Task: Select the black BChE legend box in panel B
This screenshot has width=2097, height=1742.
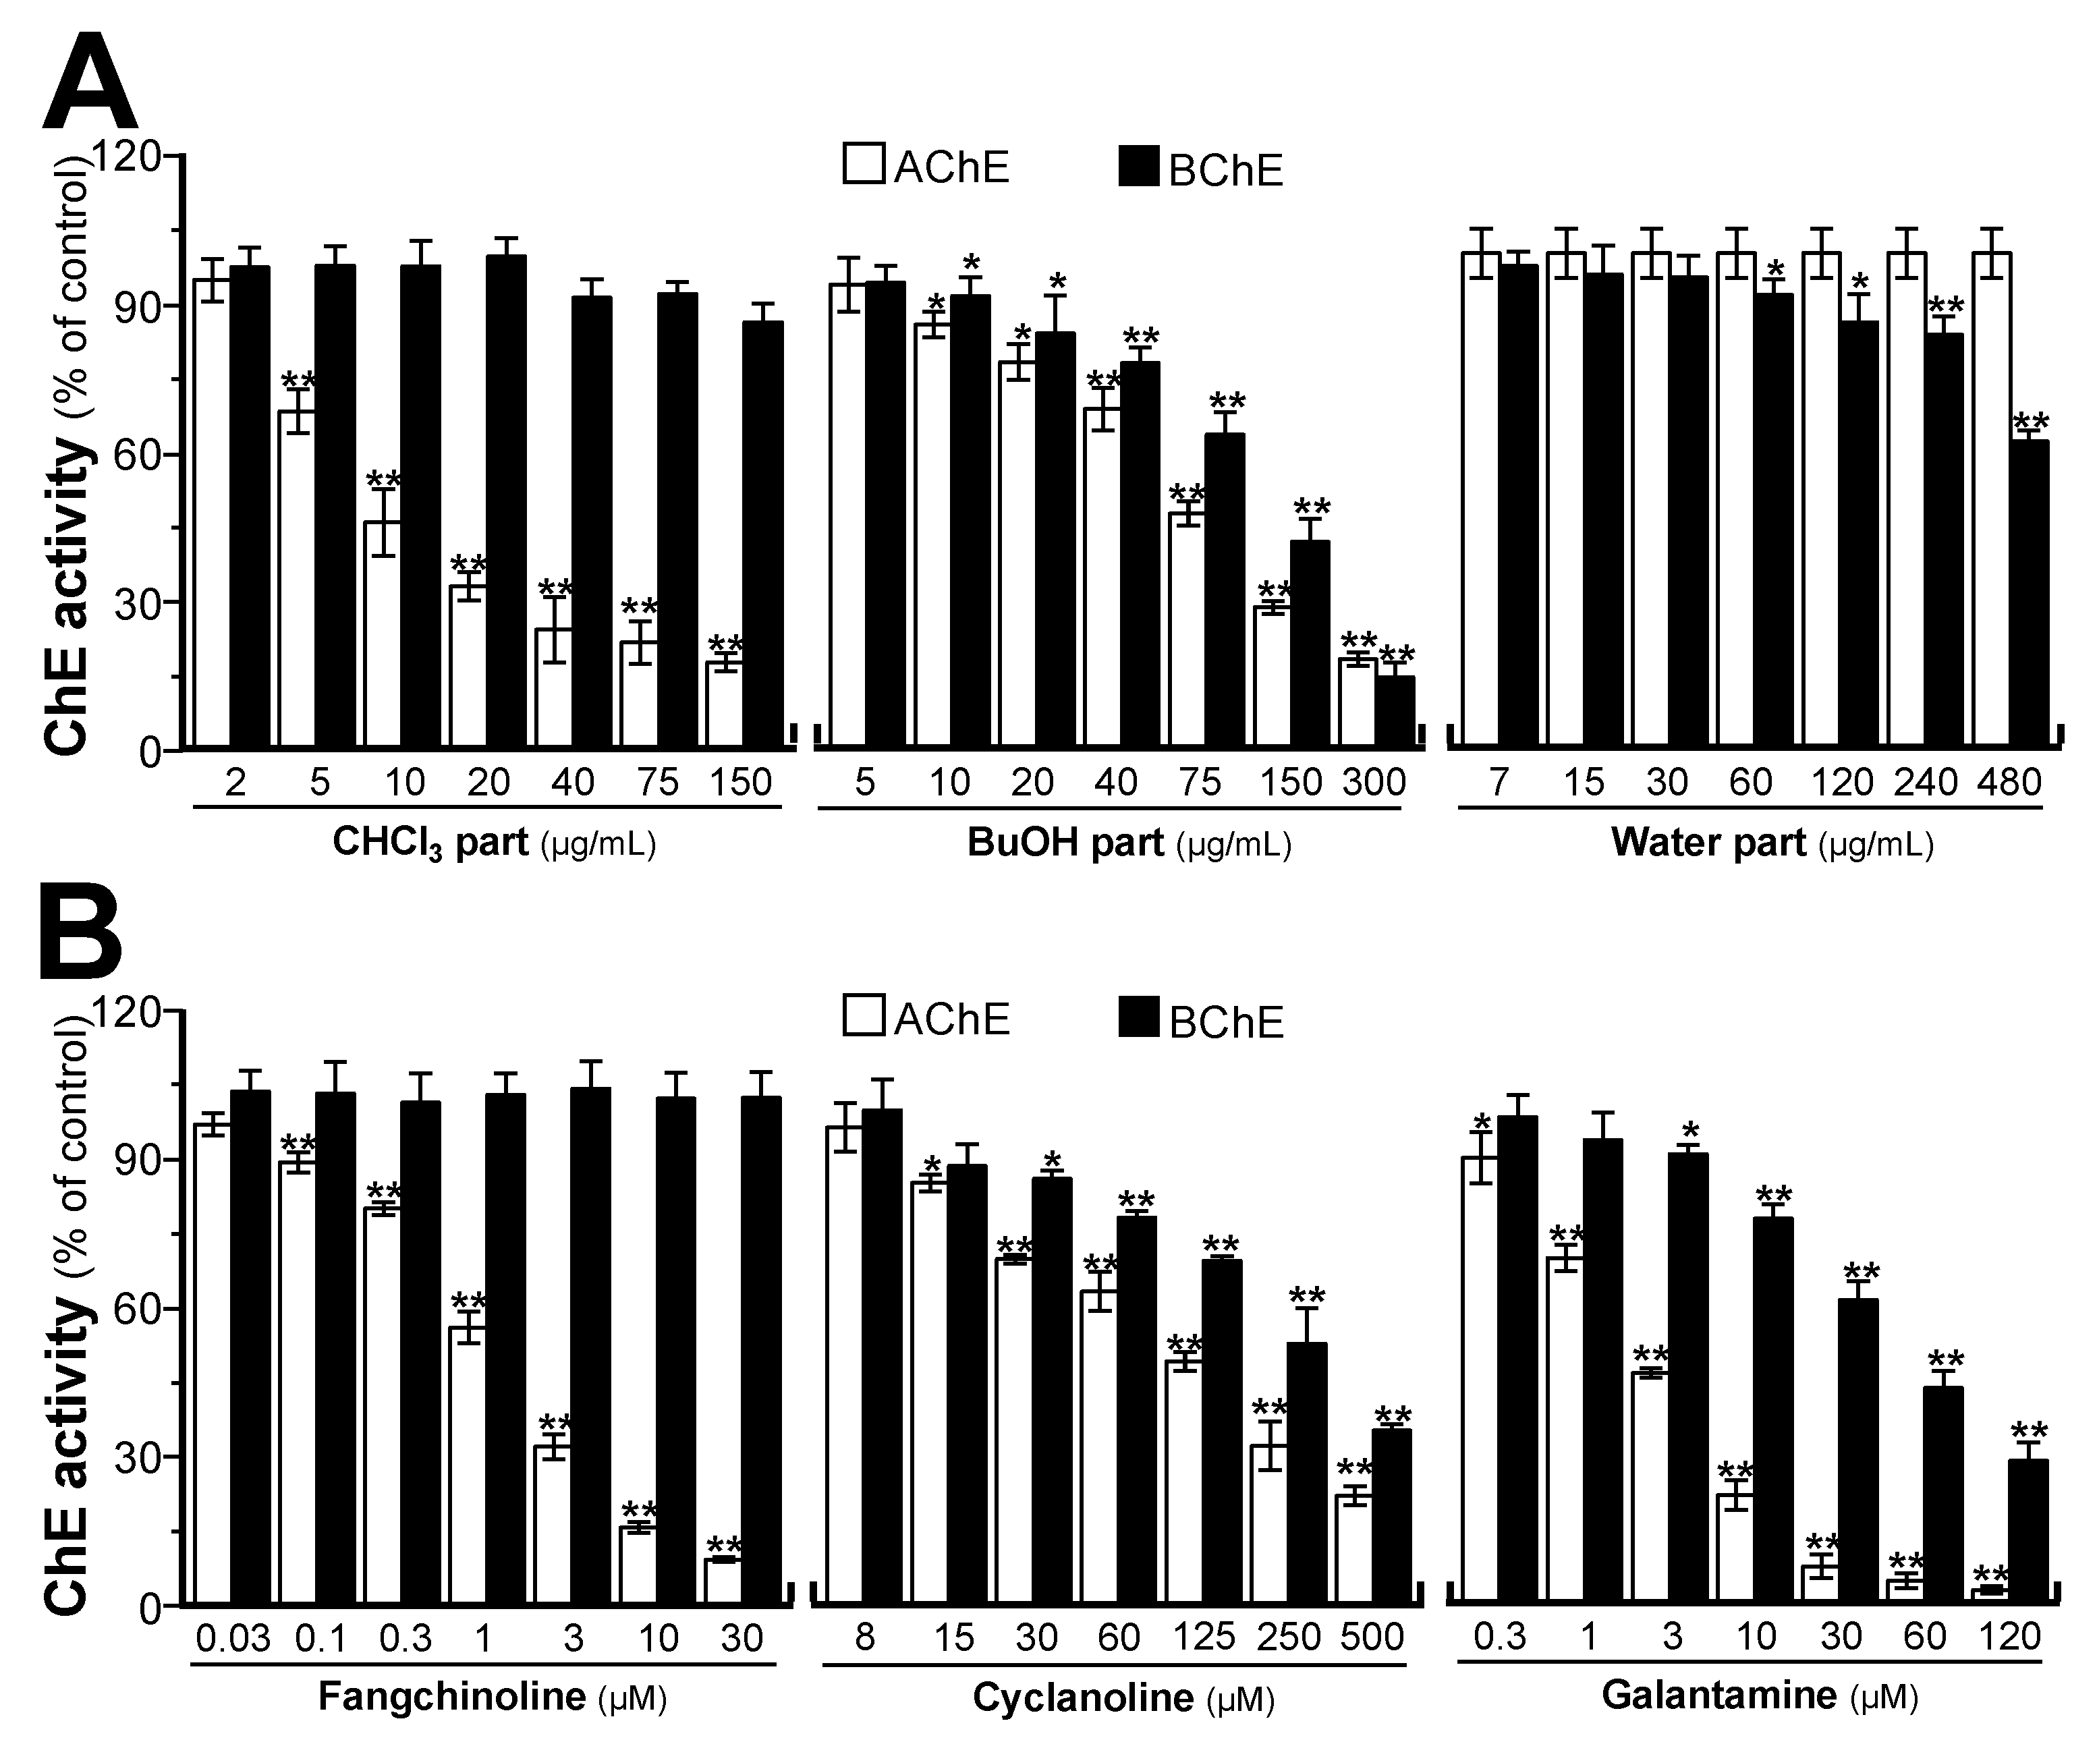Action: pos(1138,1017)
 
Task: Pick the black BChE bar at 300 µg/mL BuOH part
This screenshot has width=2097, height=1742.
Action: pos(1395,711)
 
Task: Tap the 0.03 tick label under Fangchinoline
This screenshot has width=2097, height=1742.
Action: pos(233,1638)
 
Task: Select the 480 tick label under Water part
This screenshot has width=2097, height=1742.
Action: pos(2010,783)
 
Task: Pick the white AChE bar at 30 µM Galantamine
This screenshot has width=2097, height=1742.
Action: pos(1820,1586)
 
